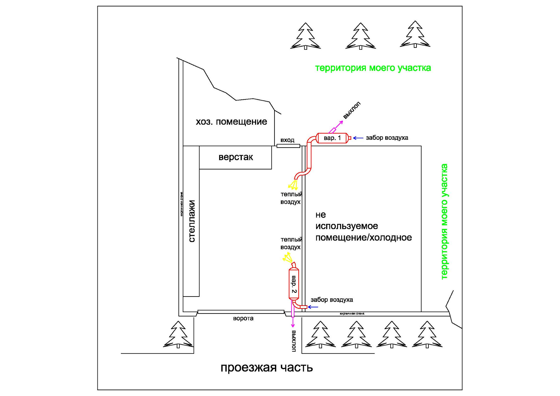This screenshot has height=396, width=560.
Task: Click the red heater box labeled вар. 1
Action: [x=332, y=138]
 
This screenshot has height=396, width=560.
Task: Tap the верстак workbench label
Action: [x=236, y=157]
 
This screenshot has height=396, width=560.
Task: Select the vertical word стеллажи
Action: [x=192, y=221]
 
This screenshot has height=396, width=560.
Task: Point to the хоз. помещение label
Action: [x=231, y=122]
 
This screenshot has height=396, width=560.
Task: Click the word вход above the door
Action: [x=287, y=140]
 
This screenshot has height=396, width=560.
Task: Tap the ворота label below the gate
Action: [x=243, y=318]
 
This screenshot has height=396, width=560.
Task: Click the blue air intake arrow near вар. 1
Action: [x=358, y=138]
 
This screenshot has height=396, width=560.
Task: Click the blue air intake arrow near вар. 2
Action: [x=313, y=307]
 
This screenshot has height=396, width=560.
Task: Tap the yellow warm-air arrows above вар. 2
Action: [x=288, y=257]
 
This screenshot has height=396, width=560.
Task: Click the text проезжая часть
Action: [x=267, y=368]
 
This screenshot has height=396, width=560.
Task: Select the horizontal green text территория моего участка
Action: [x=373, y=68]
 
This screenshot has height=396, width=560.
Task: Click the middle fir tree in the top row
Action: [x=360, y=36]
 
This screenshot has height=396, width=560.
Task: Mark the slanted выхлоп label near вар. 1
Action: [x=352, y=110]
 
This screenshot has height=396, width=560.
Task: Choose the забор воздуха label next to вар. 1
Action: [x=387, y=138]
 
